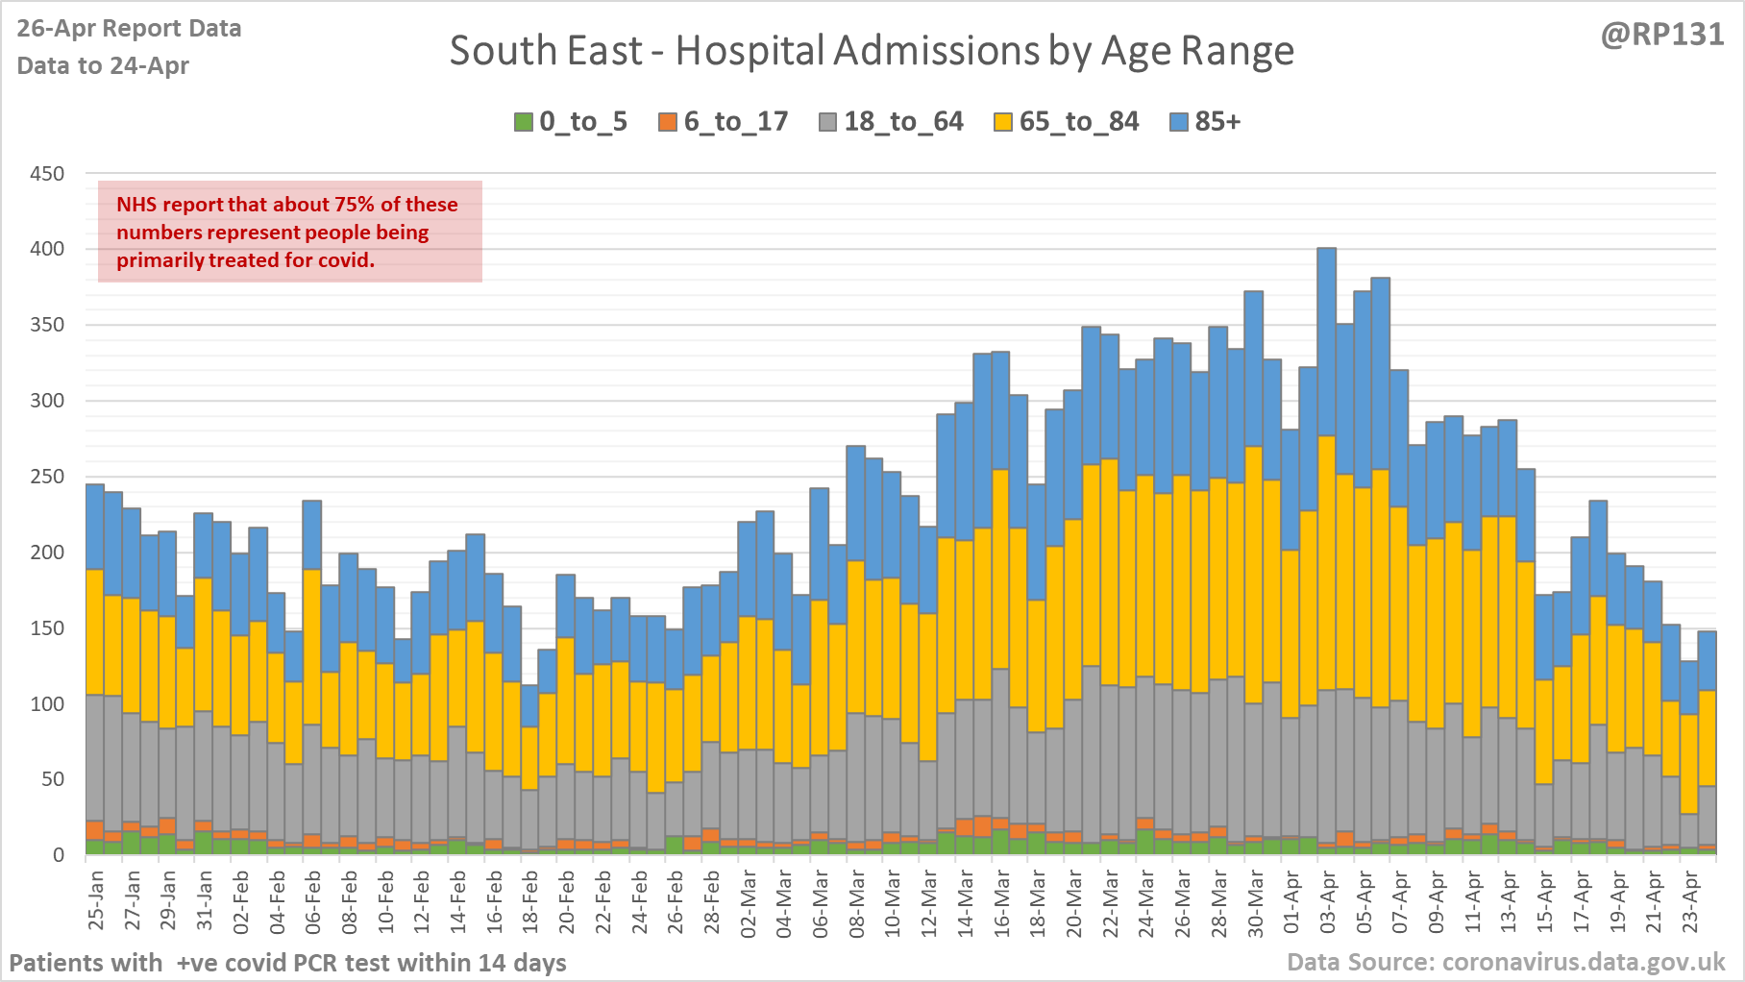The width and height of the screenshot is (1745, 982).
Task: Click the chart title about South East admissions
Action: pos(872,51)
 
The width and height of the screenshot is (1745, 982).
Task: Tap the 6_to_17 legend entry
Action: pos(724,122)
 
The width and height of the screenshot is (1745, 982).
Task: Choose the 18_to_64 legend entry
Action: pos(891,122)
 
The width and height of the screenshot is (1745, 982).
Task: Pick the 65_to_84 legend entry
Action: pos(1067,122)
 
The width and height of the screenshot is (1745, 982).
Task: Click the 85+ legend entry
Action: pos(1206,122)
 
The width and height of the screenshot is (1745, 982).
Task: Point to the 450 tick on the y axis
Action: pos(47,174)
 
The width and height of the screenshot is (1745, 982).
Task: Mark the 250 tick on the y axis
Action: pos(47,477)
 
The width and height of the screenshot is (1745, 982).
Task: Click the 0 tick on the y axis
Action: pos(59,855)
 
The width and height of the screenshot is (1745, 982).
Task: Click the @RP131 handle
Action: pos(1661,35)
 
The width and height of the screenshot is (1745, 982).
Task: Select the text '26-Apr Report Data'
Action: pos(129,29)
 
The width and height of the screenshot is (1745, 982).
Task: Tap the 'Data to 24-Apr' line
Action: pos(103,65)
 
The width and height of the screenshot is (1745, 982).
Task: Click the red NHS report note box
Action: pos(289,232)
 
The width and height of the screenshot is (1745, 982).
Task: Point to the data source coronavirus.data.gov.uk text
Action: pos(1506,962)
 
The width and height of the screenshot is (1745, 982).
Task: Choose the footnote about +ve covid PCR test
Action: pos(287,962)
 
